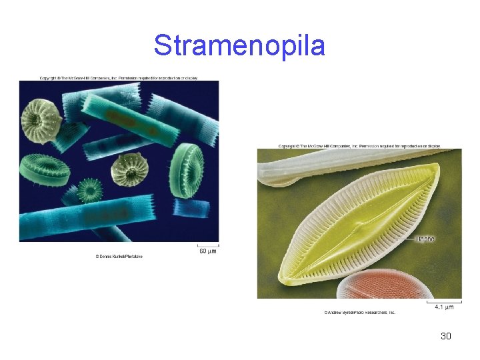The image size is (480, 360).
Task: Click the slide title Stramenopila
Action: (x=239, y=45)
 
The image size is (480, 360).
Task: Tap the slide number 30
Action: (x=446, y=336)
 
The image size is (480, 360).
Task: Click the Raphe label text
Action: (x=425, y=238)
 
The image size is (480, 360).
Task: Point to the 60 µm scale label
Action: (x=207, y=251)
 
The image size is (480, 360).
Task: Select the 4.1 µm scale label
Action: (x=444, y=307)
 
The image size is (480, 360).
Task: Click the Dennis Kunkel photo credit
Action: (x=119, y=257)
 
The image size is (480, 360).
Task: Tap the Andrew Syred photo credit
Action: (x=360, y=312)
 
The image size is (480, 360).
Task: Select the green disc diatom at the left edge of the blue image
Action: (x=45, y=170)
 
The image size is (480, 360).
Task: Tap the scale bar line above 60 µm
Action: (x=207, y=245)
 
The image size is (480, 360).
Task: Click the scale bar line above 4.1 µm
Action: (x=444, y=301)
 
